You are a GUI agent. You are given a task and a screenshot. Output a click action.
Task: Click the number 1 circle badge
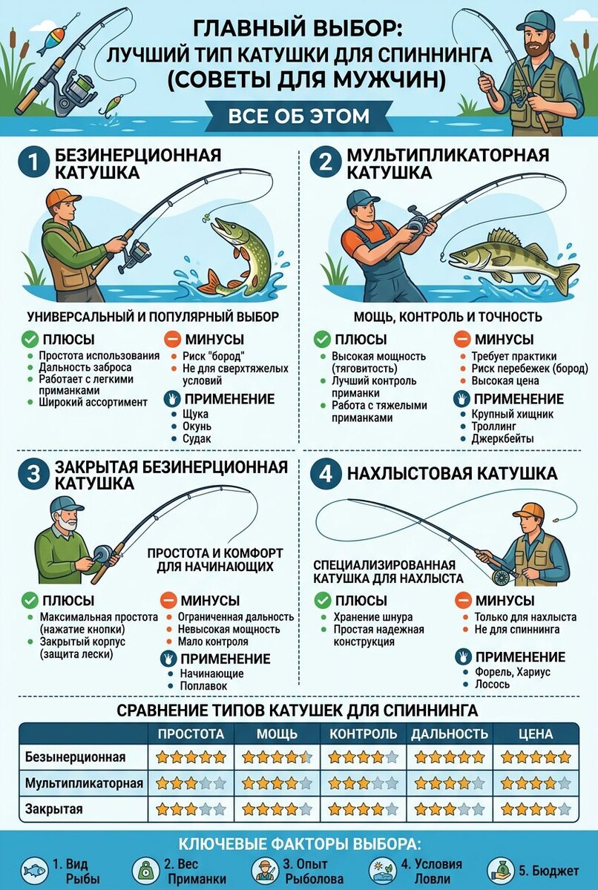click(x=33, y=163)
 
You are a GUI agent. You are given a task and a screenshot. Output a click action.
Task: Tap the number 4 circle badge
click(x=326, y=474)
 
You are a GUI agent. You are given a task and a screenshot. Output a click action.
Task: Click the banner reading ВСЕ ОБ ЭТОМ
click(x=299, y=116)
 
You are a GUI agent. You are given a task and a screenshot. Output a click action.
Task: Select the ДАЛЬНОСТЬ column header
click(x=450, y=734)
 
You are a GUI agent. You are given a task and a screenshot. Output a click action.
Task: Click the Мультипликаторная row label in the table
click(x=84, y=783)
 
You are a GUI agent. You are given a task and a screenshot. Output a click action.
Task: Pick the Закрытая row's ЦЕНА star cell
click(x=536, y=808)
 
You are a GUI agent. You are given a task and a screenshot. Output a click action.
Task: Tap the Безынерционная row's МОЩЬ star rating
click(x=277, y=757)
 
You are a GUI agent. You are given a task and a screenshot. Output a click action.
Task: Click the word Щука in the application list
click(x=195, y=414)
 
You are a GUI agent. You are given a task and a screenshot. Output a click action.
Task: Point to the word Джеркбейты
click(x=502, y=438)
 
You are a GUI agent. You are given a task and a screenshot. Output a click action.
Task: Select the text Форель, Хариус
click(x=513, y=671)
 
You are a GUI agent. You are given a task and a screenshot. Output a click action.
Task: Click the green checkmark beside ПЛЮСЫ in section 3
click(x=30, y=600)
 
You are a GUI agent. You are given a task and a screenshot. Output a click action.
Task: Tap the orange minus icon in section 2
click(x=462, y=340)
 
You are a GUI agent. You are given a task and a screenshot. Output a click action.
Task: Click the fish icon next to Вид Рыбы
click(x=35, y=870)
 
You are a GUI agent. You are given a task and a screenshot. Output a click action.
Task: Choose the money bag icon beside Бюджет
click(x=500, y=870)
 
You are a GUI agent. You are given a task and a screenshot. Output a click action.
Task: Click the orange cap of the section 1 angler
click(x=62, y=199)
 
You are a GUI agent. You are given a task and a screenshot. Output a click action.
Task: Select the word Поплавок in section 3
click(x=203, y=686)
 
